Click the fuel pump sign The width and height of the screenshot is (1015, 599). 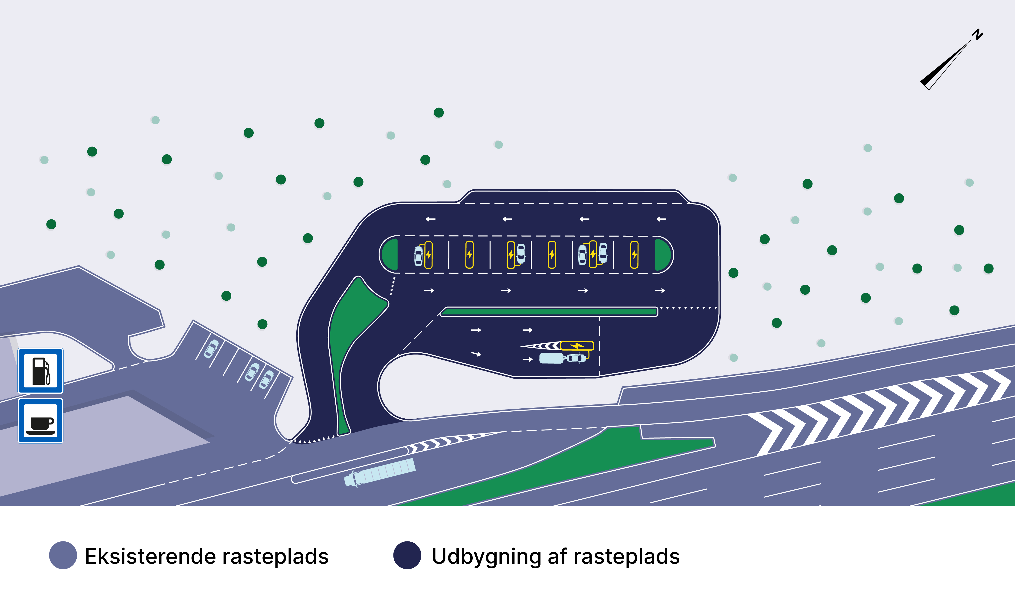click(x=40, y=371)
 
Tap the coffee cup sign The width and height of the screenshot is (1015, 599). click(x=40, y=421)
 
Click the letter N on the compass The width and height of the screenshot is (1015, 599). click(x=977, y=34)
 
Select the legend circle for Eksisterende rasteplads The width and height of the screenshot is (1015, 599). click(x=63, y=555)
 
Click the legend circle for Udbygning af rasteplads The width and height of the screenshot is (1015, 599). click(x=407, y=555)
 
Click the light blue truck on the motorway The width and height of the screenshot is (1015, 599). click(x=380, y=472)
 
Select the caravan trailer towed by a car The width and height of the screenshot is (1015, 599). click(x=551, y=358)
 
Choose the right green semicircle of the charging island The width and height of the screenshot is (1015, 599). click(x=662, y=255)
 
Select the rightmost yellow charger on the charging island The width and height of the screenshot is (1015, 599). click(x=634, y=255)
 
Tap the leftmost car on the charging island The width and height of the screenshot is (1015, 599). click(x=418, y=256)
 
